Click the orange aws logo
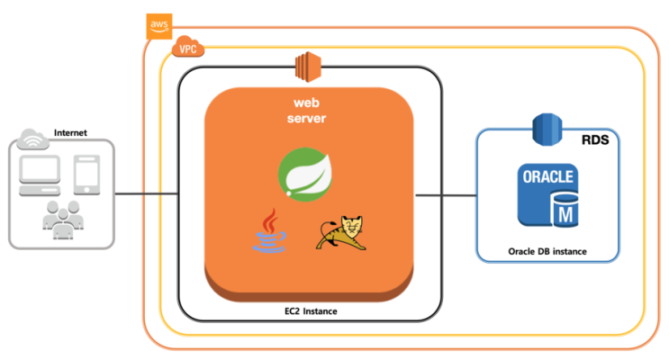coord(159,26)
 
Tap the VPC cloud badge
coord(187,47)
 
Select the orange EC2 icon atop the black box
coord(308,67)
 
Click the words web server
coord(306,111)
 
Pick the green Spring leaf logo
coord(305,174)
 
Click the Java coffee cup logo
coord(269,230)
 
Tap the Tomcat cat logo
coord(341,233)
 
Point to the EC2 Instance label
coord(311,311)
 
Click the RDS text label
coord(595,139)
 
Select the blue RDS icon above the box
coord(547,130)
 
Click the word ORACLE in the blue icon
coord(547,176)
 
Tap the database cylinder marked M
coord(565,211)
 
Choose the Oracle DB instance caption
coord(547,252)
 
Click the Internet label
coord(70,132)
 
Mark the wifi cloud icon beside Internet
coord(32,139)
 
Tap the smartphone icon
coord(87,175)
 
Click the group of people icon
coord(63,220)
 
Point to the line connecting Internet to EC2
coord(147,194)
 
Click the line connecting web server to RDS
coord(446,195)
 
